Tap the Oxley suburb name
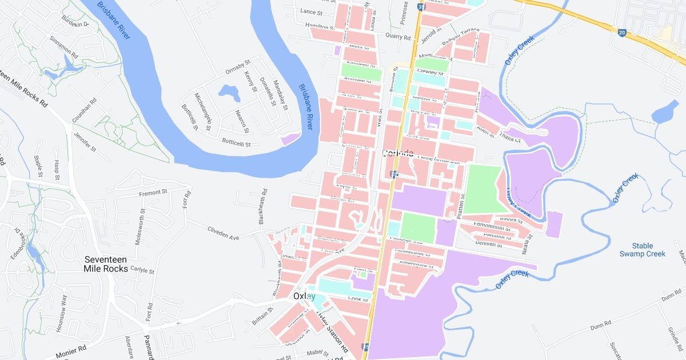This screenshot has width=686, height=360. point(304,296)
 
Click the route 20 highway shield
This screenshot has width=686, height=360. point(622,33)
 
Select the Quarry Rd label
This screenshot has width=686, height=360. point(398,37)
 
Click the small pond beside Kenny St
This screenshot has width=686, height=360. point(230,91)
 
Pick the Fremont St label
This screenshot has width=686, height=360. point(153,193)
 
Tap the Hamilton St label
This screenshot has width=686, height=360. point(320,26)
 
